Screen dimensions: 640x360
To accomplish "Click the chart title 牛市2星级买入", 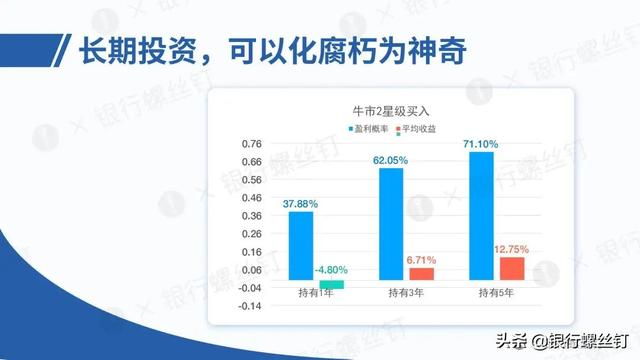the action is (391, 111).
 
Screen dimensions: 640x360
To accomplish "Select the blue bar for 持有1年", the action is (301, 246).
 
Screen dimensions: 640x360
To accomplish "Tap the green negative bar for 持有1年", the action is (331, 284).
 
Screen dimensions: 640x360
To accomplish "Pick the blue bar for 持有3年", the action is (391, 224).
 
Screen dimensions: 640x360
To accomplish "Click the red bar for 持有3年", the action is (422, 274).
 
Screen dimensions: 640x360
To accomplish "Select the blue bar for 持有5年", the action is (482, 216).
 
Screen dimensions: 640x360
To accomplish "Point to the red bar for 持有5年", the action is (512, 269).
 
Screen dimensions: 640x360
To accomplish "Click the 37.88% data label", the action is (300, 204).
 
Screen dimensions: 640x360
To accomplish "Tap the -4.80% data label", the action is (331, 270).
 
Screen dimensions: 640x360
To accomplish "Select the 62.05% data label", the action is (391, 160).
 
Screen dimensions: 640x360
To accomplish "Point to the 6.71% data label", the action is (421, 260).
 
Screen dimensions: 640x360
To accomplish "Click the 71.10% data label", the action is (481, 144).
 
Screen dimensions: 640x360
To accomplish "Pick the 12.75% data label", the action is (511, 249).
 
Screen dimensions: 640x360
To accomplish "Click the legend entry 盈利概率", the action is (368, 129).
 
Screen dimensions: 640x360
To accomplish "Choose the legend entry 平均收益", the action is (416, 129).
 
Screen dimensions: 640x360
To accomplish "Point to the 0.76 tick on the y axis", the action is (251, 144).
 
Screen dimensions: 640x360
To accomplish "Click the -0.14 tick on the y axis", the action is (250, 306).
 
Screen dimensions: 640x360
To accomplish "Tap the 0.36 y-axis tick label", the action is (251, 216).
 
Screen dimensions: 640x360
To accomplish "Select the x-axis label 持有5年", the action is (496, 293).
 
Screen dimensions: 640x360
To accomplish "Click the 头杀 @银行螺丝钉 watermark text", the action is (562, 341).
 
